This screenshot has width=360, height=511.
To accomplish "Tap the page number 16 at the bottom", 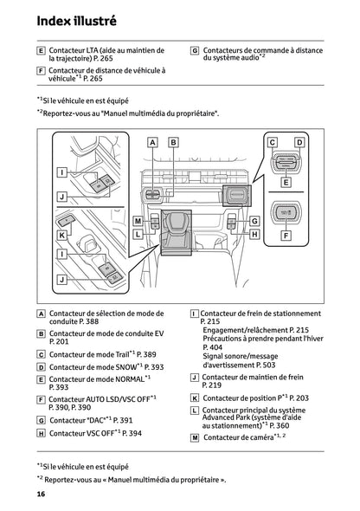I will [x=41, y=494].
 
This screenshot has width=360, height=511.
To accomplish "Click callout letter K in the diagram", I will [x=62, y=235].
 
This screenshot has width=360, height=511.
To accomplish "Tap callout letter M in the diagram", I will [x=138, y=222].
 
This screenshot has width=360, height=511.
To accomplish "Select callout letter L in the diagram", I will [x=138, y=233].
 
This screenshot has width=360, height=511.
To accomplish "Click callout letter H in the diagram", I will [x=254, y=233].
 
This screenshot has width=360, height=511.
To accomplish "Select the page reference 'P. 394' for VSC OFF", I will [x=130, y=433].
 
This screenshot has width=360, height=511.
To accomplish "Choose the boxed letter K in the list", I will [x=195, y=398].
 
